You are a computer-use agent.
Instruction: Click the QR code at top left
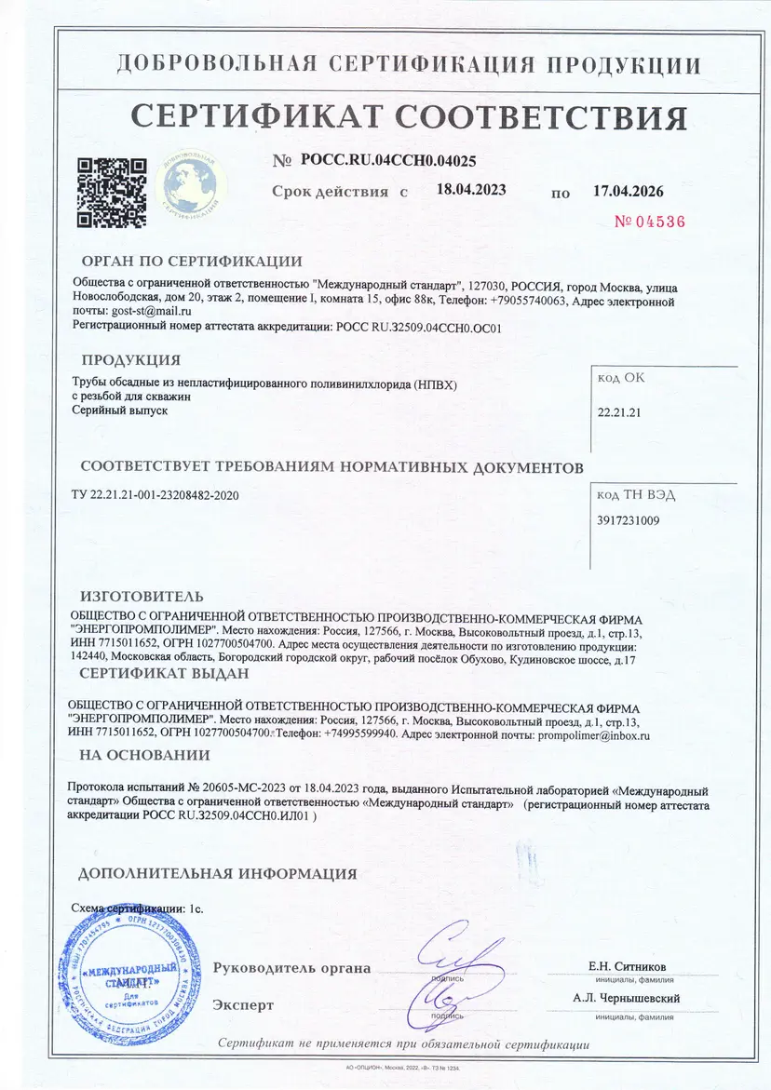pos(111,191)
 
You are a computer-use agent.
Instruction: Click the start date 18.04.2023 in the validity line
pos(471,190)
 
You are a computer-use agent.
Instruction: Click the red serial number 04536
pos(650,222)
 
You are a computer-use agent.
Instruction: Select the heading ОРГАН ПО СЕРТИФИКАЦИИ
pos(192,262)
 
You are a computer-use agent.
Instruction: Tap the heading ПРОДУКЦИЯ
pos(130,360)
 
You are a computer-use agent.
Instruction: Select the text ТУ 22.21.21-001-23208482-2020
pos(155,495)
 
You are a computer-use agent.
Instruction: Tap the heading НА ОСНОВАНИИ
pos(144,755)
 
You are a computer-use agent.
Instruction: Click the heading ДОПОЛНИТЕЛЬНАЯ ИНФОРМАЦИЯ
pos(217,874)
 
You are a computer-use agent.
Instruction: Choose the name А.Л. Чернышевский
pos(627,999)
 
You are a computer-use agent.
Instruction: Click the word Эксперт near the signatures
pos(243,1005)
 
